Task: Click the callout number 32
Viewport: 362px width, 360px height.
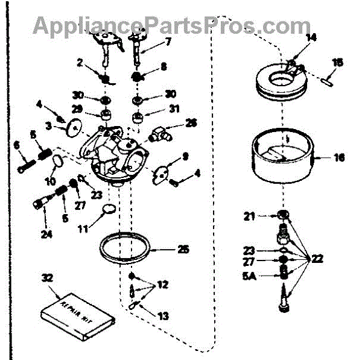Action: (47, 278)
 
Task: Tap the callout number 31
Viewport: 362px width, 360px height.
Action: (174, 109)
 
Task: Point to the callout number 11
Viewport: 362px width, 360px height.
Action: (84, 229)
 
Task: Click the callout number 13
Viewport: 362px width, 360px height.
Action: (164, 315)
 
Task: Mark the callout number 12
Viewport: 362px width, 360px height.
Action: (164, 283)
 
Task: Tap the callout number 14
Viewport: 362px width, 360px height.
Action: (311, 37)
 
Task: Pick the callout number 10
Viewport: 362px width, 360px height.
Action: (50, 180)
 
